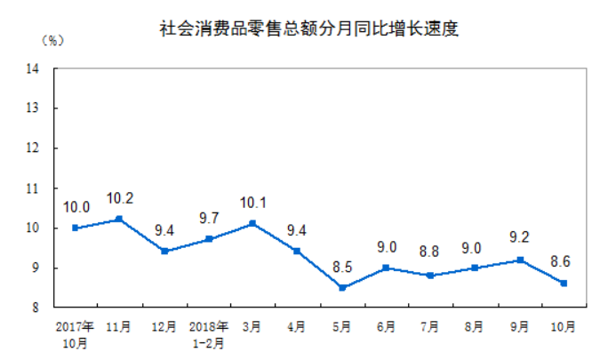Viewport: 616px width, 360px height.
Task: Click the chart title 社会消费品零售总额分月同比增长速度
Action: (x=308, y=28)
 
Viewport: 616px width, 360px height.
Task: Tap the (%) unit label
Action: (x=52, y=42)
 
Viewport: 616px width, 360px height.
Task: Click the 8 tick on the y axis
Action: (x=34, y=308)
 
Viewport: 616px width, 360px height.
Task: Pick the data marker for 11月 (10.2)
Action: (x=119, y=219)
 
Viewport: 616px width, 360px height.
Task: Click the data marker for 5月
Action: (x=341, y=287)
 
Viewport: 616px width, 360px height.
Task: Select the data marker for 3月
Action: (x=252, y=223)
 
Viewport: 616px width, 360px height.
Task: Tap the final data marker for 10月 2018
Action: (x=564, y=284)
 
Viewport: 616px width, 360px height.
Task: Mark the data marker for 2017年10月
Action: (x=75, y=228)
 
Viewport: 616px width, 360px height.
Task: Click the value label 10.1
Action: (x=252, y=203)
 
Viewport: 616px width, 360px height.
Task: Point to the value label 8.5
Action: (x=341, y=267)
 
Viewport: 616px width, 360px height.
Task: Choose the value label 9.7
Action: (x=208, y=219)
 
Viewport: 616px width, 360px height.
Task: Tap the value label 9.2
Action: (x=519, y=239)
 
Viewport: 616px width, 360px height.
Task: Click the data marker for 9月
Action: (x=519, y=260)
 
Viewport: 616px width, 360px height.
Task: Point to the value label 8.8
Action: (x=430, y=255)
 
